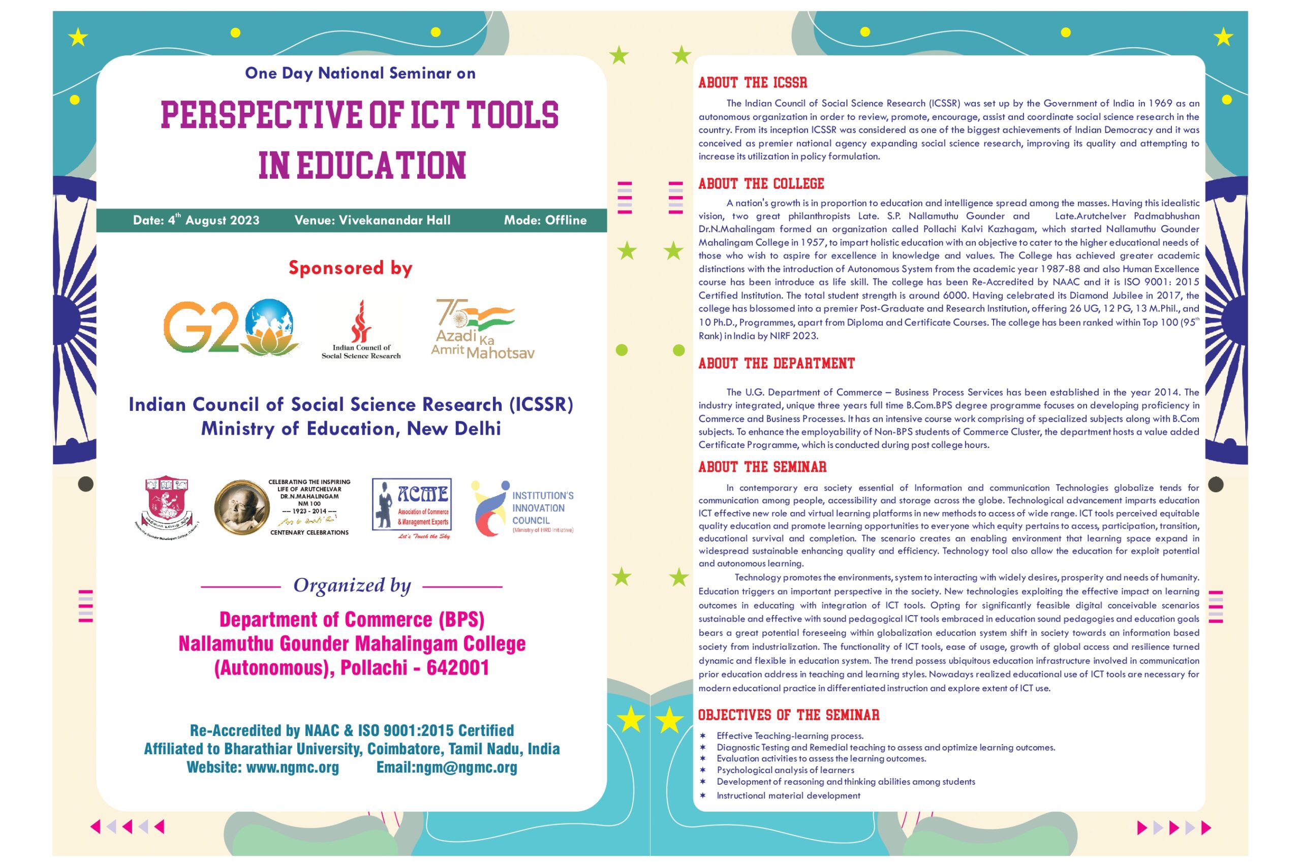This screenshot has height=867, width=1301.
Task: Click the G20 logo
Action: click(x=231, y=327)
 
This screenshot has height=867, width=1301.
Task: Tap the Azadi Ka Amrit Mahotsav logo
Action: click(x=482, y=329)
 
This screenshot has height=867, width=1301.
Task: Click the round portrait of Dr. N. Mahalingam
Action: click(x=241, y=507)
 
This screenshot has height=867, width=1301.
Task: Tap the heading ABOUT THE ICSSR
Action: click(x=752, y=83)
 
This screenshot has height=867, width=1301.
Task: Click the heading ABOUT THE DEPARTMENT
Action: click(x=776, y=364)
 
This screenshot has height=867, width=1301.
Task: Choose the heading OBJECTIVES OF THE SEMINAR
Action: click(x=788, y=715)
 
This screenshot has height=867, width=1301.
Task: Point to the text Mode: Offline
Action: click(x=545, y=220)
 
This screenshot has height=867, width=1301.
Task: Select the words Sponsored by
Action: click(x=350, y=268)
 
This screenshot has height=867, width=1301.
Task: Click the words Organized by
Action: click(x=352, y=586)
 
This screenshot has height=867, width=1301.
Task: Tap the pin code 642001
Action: click(x=457, y=668)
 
